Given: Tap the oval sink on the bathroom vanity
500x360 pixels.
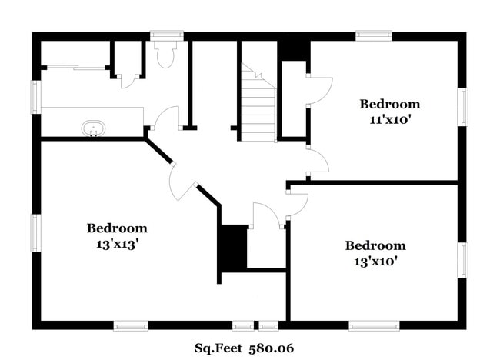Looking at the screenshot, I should pyautogui.click(x=93, y=128).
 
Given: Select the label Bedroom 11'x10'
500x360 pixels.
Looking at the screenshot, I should pyautogui.click(x=390, y=111).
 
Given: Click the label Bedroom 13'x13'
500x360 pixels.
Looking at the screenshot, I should pyautogui.click(x=116, y=235).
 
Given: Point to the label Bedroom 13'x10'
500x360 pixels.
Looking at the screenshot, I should pyautogui.click(x=375, y=252).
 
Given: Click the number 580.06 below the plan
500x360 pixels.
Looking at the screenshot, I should pyautogui.click(x=271, y=348).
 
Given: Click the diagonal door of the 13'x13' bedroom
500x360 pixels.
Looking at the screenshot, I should pyautogui.click(x=182, y=182).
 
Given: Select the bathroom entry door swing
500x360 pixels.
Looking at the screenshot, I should pyautogui.click(x=164, y=118).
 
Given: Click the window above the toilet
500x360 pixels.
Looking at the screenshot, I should pyautogui.click(x=166, y=35).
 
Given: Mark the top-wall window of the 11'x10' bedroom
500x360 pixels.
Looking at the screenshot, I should pyautogui.click(x=374, y=35).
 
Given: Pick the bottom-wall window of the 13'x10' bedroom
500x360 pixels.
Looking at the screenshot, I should pyautogui.click(x=374, y=325).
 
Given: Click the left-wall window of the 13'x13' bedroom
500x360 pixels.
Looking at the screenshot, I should pyautogui.click(x=35, y=232).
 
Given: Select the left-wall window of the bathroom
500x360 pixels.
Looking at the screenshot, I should pyautogui.click(x=35, y=97).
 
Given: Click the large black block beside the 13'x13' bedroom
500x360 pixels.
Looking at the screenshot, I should pyautogui.click(x=233, y=247).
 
